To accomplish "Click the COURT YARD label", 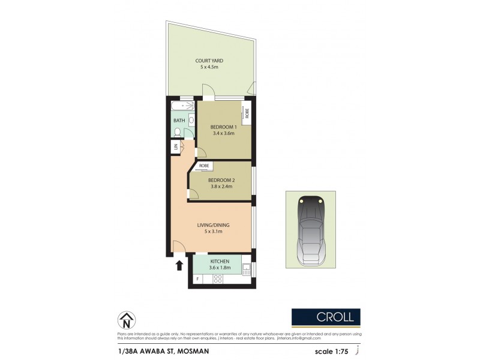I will pyautogui.click(x=210, y=61).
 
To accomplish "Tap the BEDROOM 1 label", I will pyautogui.click(x=223, y=127).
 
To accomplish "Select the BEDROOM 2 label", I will pyautogui.click(x=220, y=179).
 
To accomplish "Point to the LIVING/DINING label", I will pyautogui.click(x=213, y=225).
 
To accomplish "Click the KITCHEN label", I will pyautogui.click(x=220, y=262).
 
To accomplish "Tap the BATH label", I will pyautogui.click(x=179, y=121).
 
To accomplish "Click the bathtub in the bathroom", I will pyautogui.click(x=182, y=107).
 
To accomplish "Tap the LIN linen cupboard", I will pyautogui.click(x=176, y=146).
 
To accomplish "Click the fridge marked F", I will pyautogui.click(x=198, y=279).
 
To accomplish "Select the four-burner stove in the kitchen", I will pyautogui.click(x=218, y=278).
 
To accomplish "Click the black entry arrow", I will pyautogui.click(x=179, y=265).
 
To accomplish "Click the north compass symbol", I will pyautogui.click(x=125, y=320).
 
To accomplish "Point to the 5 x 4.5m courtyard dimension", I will pyautogui.click(x=210, y=68).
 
